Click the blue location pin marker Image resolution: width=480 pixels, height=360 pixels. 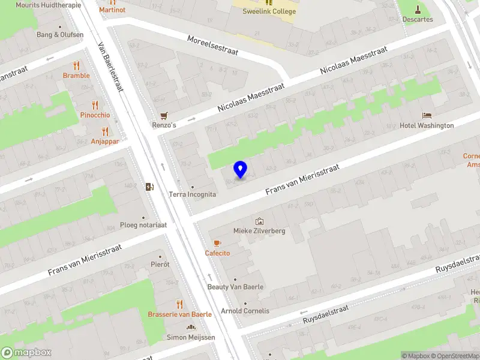[x=241, y=170]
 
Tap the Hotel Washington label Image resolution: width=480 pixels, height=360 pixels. [x=427, y=125]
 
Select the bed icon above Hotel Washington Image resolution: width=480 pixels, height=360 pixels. [x=427, y=115]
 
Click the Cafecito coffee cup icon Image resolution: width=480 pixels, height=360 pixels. [x=217, y=243]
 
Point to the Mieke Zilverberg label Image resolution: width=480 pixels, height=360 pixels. [x=259, y=231]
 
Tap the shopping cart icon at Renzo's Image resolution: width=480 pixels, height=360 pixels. [x=163, y=116]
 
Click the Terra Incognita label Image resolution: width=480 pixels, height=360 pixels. [x=192, y=194]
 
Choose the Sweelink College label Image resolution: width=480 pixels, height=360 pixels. [x=269, y=11]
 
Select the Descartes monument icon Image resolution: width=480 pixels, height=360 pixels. [x=418, y=9]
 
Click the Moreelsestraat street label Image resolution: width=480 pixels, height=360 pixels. [x=212, y=45]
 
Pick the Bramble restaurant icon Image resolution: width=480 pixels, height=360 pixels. [x=76, y=65]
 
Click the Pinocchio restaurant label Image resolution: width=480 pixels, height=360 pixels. [x=95, y=115]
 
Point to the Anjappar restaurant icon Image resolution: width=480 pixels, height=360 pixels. [x=105, y=131]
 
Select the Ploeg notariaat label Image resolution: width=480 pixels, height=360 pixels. [x=143, y=225]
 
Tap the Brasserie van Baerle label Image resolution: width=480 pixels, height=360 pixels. [x=179, y=314]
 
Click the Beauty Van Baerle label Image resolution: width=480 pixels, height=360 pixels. [x=235, y=287]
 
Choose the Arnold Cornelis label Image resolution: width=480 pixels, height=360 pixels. [x=245, y=311]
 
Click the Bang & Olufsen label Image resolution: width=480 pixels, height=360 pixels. [x=59, y=34]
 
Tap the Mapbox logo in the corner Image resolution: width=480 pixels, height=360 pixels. [x=26, y=353]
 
